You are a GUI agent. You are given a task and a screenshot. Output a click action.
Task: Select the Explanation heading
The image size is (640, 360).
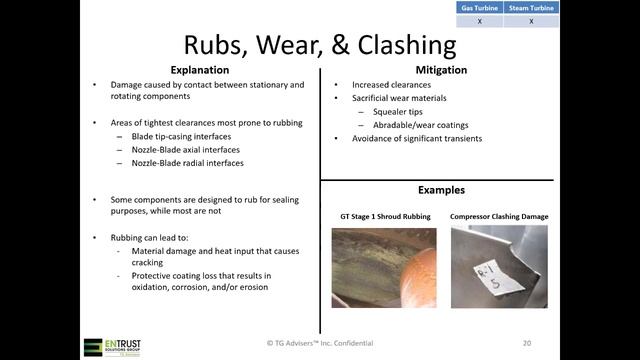pos(199,71)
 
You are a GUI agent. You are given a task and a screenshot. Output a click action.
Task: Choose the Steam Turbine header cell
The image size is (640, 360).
pos(531,8)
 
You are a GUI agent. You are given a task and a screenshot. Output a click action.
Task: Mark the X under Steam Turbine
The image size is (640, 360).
pos(531,20)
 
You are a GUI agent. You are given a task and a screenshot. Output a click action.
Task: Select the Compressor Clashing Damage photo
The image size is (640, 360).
pos(499,267)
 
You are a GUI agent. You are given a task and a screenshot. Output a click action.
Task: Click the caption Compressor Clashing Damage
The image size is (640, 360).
pos(499,216)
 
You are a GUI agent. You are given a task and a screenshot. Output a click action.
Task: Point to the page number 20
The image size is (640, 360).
pos(526,342)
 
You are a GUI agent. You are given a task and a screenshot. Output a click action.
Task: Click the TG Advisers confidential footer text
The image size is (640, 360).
pos(320,342)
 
